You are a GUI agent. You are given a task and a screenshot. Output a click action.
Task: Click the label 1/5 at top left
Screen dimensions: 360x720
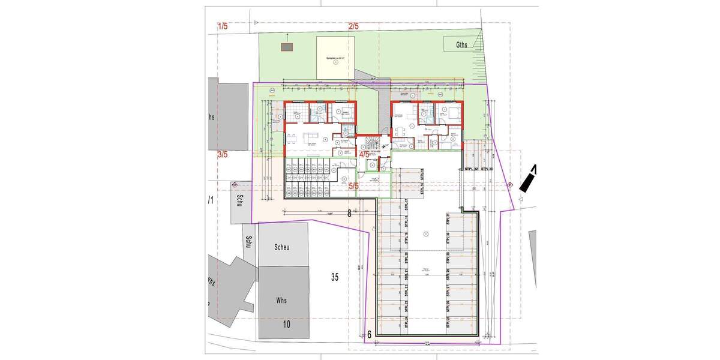223,26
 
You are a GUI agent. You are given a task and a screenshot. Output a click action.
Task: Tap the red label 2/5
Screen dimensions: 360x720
353,26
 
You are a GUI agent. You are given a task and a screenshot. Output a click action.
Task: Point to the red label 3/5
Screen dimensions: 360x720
223,155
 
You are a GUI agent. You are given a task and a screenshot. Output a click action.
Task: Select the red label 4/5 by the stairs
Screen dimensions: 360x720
364,155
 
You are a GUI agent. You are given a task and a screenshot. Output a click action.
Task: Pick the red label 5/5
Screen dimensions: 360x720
354,186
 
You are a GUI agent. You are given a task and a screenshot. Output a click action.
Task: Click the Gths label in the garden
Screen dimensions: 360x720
461,44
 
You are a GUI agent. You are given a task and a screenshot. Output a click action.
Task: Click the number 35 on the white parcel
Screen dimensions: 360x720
335,277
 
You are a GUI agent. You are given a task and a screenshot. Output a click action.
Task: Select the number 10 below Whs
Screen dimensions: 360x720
286,325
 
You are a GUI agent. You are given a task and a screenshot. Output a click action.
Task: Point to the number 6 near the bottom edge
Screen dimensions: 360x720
370,334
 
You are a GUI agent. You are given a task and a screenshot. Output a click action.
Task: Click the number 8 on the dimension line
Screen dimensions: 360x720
349,212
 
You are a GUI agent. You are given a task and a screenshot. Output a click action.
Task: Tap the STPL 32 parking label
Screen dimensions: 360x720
471,170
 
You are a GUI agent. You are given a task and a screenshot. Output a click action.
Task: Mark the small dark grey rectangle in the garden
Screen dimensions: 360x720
287,47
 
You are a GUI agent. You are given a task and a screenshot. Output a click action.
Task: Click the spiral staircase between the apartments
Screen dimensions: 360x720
372,143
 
